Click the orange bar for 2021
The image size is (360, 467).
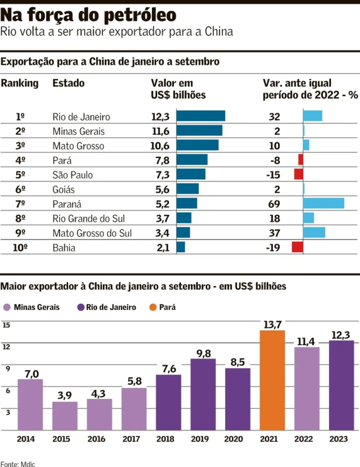(x=272, y=380)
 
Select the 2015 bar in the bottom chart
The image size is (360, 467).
(x=65, y=415)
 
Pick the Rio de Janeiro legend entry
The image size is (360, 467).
(x=106, y=307)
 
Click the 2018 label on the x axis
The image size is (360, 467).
(x=168, y=439)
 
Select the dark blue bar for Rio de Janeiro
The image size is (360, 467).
(x=201, y=116)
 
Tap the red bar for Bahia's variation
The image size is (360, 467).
(x=297, y=247)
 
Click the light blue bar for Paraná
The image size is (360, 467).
(x=323, y=203)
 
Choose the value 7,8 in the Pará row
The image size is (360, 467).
(x=160, y=160)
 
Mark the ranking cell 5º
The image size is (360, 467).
(x=20, y=175)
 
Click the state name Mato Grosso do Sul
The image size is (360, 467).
(x=92, y=233)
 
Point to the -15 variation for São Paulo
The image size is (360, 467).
(x=273, y=175)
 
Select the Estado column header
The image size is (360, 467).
(x=68, y=83)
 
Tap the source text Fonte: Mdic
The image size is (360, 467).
(x=18, y=463)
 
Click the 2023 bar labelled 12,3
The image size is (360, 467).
(x=341, y=385)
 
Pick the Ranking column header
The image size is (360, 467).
(x=20, y=83)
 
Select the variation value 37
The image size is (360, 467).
(x=274, y=233)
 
